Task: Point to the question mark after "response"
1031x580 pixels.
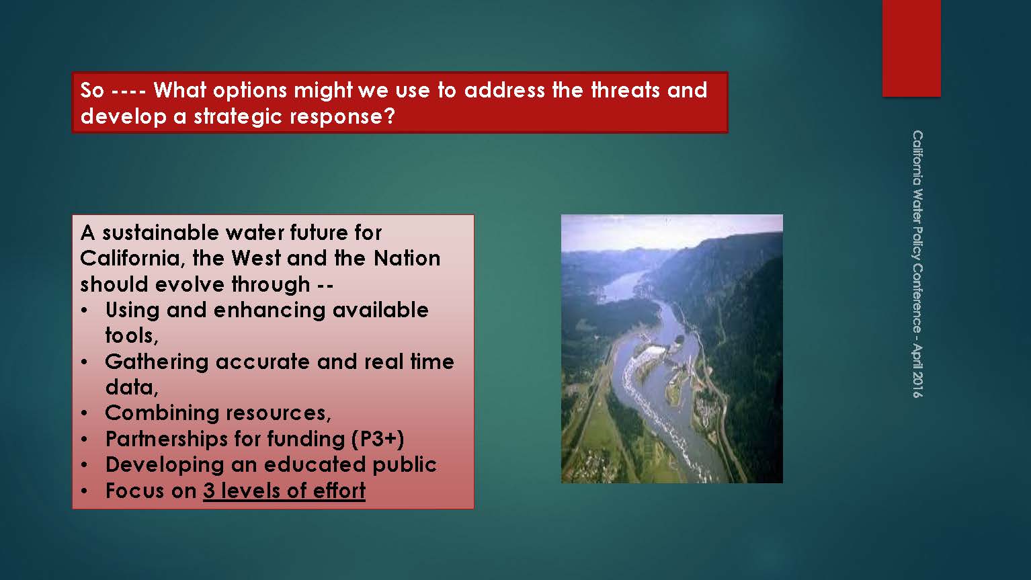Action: pos(389,116)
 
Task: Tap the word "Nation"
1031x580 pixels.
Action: pos(407,258)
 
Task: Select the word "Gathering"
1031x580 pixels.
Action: pos(157,362)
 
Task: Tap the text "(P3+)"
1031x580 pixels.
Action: pos(378,439)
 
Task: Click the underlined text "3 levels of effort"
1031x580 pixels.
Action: pos(284,491)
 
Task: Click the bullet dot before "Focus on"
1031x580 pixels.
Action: pos(84,491)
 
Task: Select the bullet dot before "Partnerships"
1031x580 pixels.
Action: pos(84,440)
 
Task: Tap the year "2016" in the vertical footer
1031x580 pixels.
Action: pos(917,384)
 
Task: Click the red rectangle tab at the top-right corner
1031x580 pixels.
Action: pos(911,48)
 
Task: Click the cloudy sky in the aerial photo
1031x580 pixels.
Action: pos(671,232)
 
